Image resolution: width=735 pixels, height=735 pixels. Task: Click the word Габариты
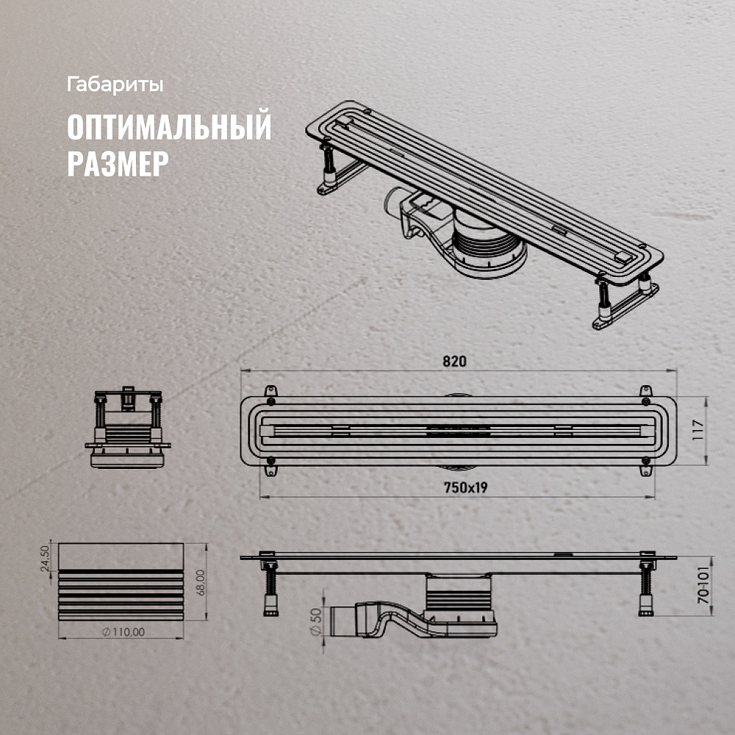pos(115,85)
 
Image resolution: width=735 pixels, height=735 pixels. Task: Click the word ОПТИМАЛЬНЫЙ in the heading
pos(169,126)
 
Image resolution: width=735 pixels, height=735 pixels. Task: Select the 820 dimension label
pos(454,362)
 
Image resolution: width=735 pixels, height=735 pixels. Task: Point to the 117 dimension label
pos(698,430)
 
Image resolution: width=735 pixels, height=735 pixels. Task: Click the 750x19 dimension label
pos(465,488)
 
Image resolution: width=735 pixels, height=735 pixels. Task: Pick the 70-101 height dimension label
pos(703,587)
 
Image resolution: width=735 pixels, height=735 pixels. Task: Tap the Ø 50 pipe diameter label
pos(316,622)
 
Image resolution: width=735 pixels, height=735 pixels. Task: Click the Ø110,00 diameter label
pos(123,632)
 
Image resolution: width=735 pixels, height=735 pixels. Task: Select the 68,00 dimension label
pos(200,582)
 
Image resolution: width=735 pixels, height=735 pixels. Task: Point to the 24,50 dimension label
pos(45,559)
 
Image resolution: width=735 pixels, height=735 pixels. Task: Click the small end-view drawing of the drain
pos(127,427)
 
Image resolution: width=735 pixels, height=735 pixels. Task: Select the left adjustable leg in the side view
pos(270,587)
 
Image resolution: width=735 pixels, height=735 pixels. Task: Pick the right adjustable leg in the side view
pos(646,587)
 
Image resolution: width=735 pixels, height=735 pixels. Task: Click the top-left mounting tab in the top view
pos(270,392)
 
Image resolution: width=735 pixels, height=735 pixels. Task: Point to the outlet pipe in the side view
pos(344,622)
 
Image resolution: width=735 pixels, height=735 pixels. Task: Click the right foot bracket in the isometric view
pos(625,306)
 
